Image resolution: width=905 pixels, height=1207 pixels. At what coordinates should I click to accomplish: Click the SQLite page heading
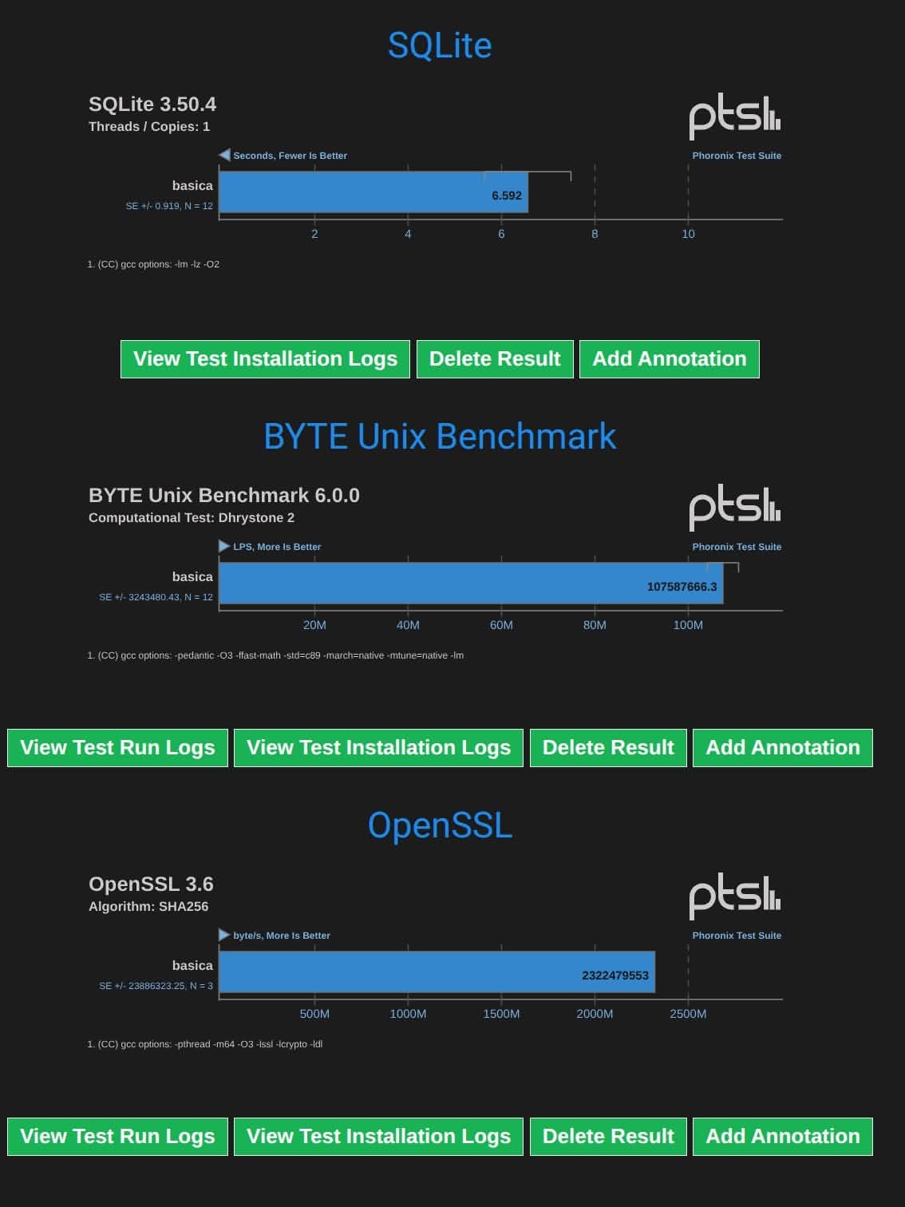pos(440,46)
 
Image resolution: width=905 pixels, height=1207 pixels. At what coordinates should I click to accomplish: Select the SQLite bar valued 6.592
pos(373,192)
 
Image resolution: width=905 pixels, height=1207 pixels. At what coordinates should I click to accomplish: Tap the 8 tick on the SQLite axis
pos(595,234)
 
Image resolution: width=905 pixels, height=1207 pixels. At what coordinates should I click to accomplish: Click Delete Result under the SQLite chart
pos(495,359)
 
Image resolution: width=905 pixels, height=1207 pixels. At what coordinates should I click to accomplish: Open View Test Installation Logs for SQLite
pos(265,359)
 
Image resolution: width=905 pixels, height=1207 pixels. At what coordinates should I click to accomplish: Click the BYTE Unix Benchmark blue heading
pos(440,437)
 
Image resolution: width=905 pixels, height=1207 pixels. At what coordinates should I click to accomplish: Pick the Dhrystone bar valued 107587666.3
pos(470,584)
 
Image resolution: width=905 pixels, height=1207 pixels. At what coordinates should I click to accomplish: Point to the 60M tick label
pos(501,625)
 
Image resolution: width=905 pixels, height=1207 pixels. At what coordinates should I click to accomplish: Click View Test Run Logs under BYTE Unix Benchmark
pos(117,748)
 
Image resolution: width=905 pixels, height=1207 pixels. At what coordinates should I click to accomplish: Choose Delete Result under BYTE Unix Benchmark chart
pos(608,748)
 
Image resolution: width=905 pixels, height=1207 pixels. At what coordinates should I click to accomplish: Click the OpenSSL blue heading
pos(440,825)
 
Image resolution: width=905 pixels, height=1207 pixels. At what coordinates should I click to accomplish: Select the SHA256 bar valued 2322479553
pos(437,972)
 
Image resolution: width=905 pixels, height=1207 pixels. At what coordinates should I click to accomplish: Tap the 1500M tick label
pos(501,1014)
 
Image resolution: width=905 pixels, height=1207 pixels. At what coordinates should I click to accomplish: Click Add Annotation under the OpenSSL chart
pos(783,1137)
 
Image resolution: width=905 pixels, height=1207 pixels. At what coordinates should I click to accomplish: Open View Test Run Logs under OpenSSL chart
pos(117,1137)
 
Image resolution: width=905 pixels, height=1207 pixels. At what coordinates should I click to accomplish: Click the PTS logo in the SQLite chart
pos(735,117)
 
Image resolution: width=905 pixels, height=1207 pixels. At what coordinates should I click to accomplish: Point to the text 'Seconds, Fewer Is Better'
pos(290,156)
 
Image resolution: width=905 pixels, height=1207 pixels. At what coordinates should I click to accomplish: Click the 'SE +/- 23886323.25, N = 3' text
pos(156,986)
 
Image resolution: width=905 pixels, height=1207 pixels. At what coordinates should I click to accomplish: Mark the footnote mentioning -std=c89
pos(275,655)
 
